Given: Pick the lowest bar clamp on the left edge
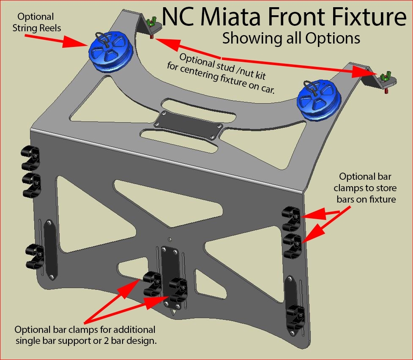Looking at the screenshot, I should pos(35,257).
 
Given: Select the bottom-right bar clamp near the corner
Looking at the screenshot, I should pos(296,318).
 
